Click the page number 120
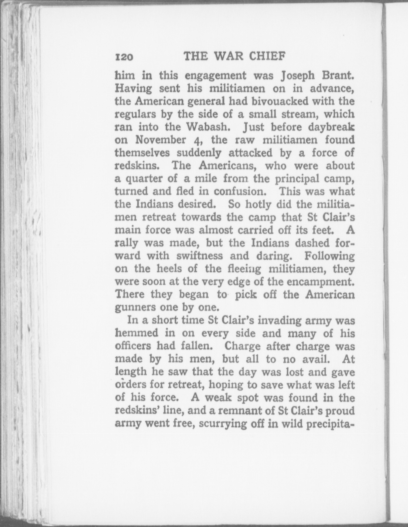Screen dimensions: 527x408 coord(124,57)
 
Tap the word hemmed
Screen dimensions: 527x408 coord(137,333)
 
